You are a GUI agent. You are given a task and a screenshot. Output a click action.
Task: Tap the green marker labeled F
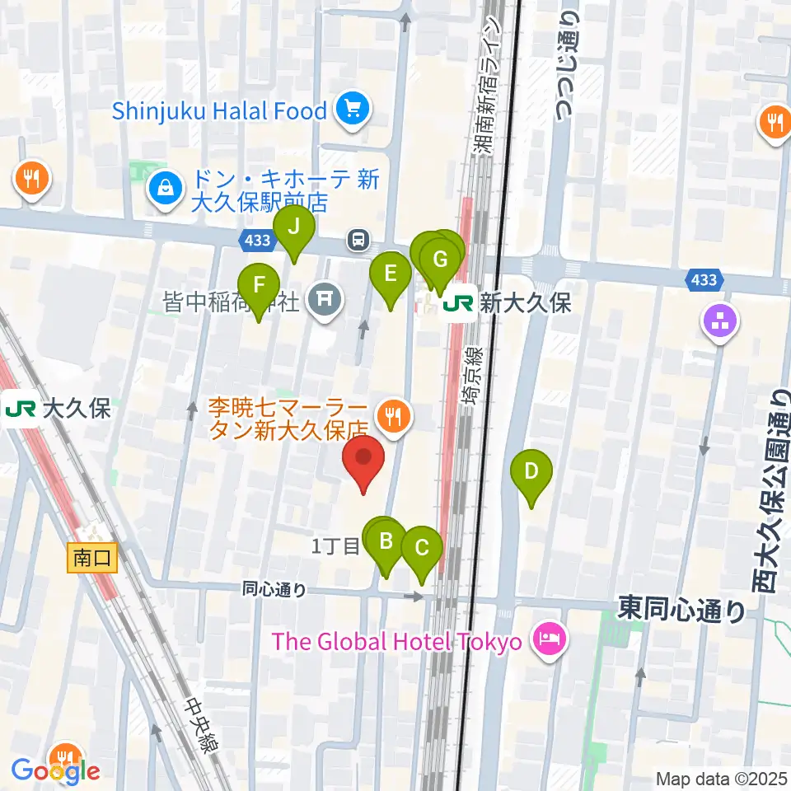(x=259, y=285)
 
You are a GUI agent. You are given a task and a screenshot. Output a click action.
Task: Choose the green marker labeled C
(x=421, y=548)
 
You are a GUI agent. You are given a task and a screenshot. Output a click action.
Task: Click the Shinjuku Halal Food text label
(x=219, y=111)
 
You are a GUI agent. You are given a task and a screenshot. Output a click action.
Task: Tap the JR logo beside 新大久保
(x=457, y=303)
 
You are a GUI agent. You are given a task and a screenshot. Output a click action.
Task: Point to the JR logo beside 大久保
(x=20, y=409)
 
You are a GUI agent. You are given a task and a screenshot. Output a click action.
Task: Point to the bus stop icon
(x=358, y=240)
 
